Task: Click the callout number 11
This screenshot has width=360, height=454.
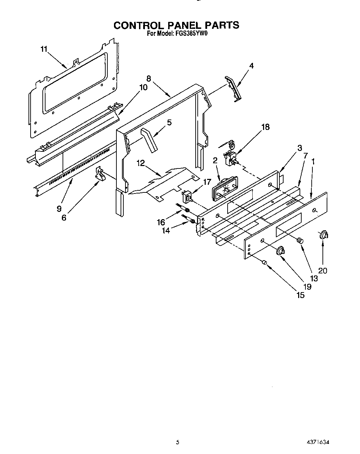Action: tap(43, 49)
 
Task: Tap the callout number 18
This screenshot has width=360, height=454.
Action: tap(265, 127)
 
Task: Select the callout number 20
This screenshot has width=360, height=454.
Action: tap(323, 271)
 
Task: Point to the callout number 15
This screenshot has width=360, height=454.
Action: tap(300, 295)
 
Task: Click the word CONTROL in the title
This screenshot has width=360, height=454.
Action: tap(139, 25)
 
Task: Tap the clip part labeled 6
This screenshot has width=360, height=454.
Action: tap(100, 174)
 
